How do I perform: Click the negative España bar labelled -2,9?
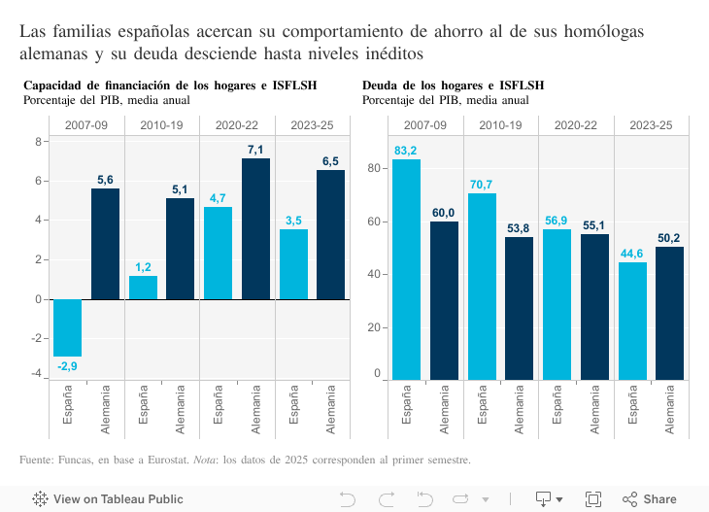point(67,327)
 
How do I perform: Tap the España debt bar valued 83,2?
point(406,269)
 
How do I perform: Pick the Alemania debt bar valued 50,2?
point(669,313)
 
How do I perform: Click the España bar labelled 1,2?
point(143,288)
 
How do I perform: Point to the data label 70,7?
point(481,185)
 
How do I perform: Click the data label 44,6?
point(631,254)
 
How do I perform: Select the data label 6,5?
point(330,161)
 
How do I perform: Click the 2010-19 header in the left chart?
point(161,125)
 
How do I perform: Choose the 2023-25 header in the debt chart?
point(651,125)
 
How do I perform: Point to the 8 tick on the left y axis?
point(38,142)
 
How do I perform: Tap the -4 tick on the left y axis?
point(36,374)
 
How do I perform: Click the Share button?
point(650,499)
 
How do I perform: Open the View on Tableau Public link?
point(108,499)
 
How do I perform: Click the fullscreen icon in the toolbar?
point(592,499)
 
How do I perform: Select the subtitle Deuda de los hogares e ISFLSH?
point(453,85)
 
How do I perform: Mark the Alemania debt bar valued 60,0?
point(444,300)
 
